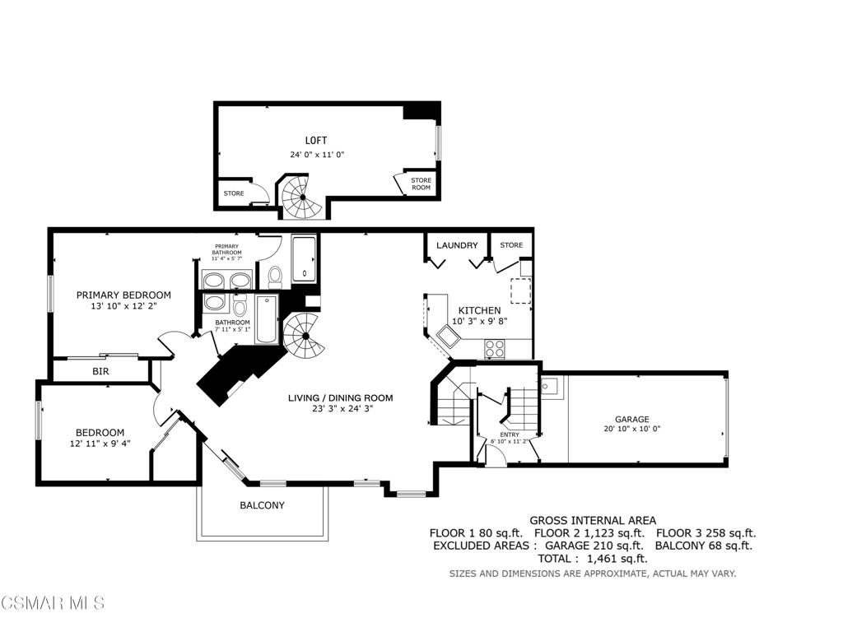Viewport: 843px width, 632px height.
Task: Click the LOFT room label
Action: coord(315,140)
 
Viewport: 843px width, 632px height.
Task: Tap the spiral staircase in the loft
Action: coord(303,197)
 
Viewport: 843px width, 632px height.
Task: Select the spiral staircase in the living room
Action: coord(305,337)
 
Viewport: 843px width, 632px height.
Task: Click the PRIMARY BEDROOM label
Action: coord(123,295)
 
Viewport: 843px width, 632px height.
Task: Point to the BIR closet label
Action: coord(100,371)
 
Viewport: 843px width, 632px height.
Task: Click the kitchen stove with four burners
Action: coord(495,349)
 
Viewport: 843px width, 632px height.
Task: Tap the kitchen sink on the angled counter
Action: coord(447,337)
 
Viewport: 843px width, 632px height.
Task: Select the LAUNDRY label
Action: coord(457,245)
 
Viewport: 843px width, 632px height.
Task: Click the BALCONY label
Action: coord(262,505)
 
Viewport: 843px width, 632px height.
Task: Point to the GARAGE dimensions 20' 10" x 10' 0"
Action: coord(631,429)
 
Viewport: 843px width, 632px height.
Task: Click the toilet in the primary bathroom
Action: coord(275,276)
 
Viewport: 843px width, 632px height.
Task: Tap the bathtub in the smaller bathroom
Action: coord(266,319)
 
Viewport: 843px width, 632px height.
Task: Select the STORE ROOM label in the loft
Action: coord(421,184)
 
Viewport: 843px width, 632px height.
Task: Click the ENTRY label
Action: coord(510,434)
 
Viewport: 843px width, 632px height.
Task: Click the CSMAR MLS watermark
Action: coord(53,602)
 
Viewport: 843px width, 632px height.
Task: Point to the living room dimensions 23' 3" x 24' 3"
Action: coord(341,408)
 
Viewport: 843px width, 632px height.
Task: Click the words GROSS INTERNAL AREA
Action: coord(593,520)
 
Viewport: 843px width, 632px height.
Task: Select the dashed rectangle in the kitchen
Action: coord(520,290)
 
